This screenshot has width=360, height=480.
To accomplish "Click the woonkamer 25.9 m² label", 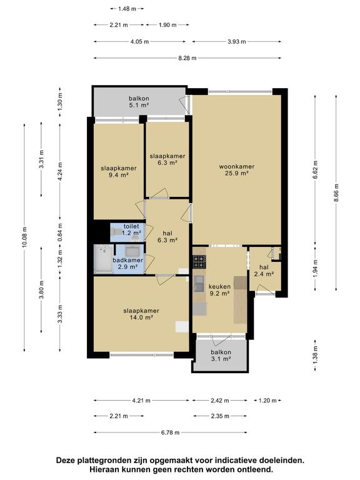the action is [237, 170].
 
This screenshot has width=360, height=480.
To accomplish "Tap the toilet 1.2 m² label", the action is [131, 229].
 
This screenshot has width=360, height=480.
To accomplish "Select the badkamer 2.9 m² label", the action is [128, 263].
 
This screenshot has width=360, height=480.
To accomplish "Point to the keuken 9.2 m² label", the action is [219, 290].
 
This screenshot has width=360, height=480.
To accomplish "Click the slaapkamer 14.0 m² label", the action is [141, 314].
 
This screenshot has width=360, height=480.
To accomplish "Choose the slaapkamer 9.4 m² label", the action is [119, 171].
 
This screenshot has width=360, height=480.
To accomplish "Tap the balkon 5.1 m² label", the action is [139, 102].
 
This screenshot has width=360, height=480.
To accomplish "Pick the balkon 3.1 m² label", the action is [221, 356].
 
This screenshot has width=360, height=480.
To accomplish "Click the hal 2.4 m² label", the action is [264, 271].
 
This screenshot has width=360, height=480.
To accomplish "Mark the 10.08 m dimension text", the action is [25, 237].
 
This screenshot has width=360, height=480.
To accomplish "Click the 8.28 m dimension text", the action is [187, 58].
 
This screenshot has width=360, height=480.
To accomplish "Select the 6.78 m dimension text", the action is [171, 432].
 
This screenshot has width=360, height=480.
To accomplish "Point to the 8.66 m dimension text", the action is [336, 192].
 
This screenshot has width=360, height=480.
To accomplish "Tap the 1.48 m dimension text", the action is [127, 9].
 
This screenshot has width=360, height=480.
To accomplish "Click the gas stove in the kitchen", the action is [199, 262].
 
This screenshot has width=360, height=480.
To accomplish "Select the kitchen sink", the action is [199, 283].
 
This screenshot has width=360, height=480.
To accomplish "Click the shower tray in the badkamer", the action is [103, 259].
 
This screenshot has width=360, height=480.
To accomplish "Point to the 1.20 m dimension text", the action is [267, 401].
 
